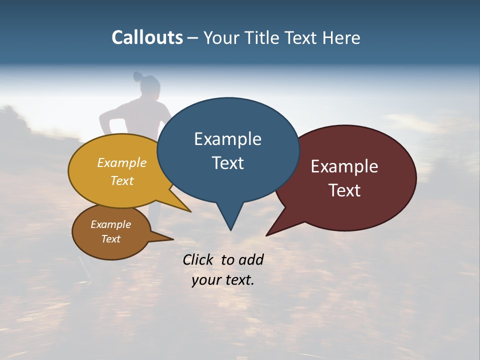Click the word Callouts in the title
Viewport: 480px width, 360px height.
coord(147,37)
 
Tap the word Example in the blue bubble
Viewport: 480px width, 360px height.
coord(227,139)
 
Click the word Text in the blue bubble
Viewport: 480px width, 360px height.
coord(227,163)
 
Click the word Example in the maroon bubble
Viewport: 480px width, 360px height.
coord(344,166)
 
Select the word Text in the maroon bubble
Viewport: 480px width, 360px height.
coord(344,190)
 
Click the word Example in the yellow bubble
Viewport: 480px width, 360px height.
coord(122,162)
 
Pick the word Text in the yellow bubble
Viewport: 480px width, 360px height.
coord(122,180)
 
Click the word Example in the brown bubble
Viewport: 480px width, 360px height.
coord(110,224)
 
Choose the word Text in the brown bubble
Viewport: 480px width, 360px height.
coord(110,239)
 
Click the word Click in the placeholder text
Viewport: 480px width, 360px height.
coord(198,259)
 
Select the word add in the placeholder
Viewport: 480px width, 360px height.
coord(250,259)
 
